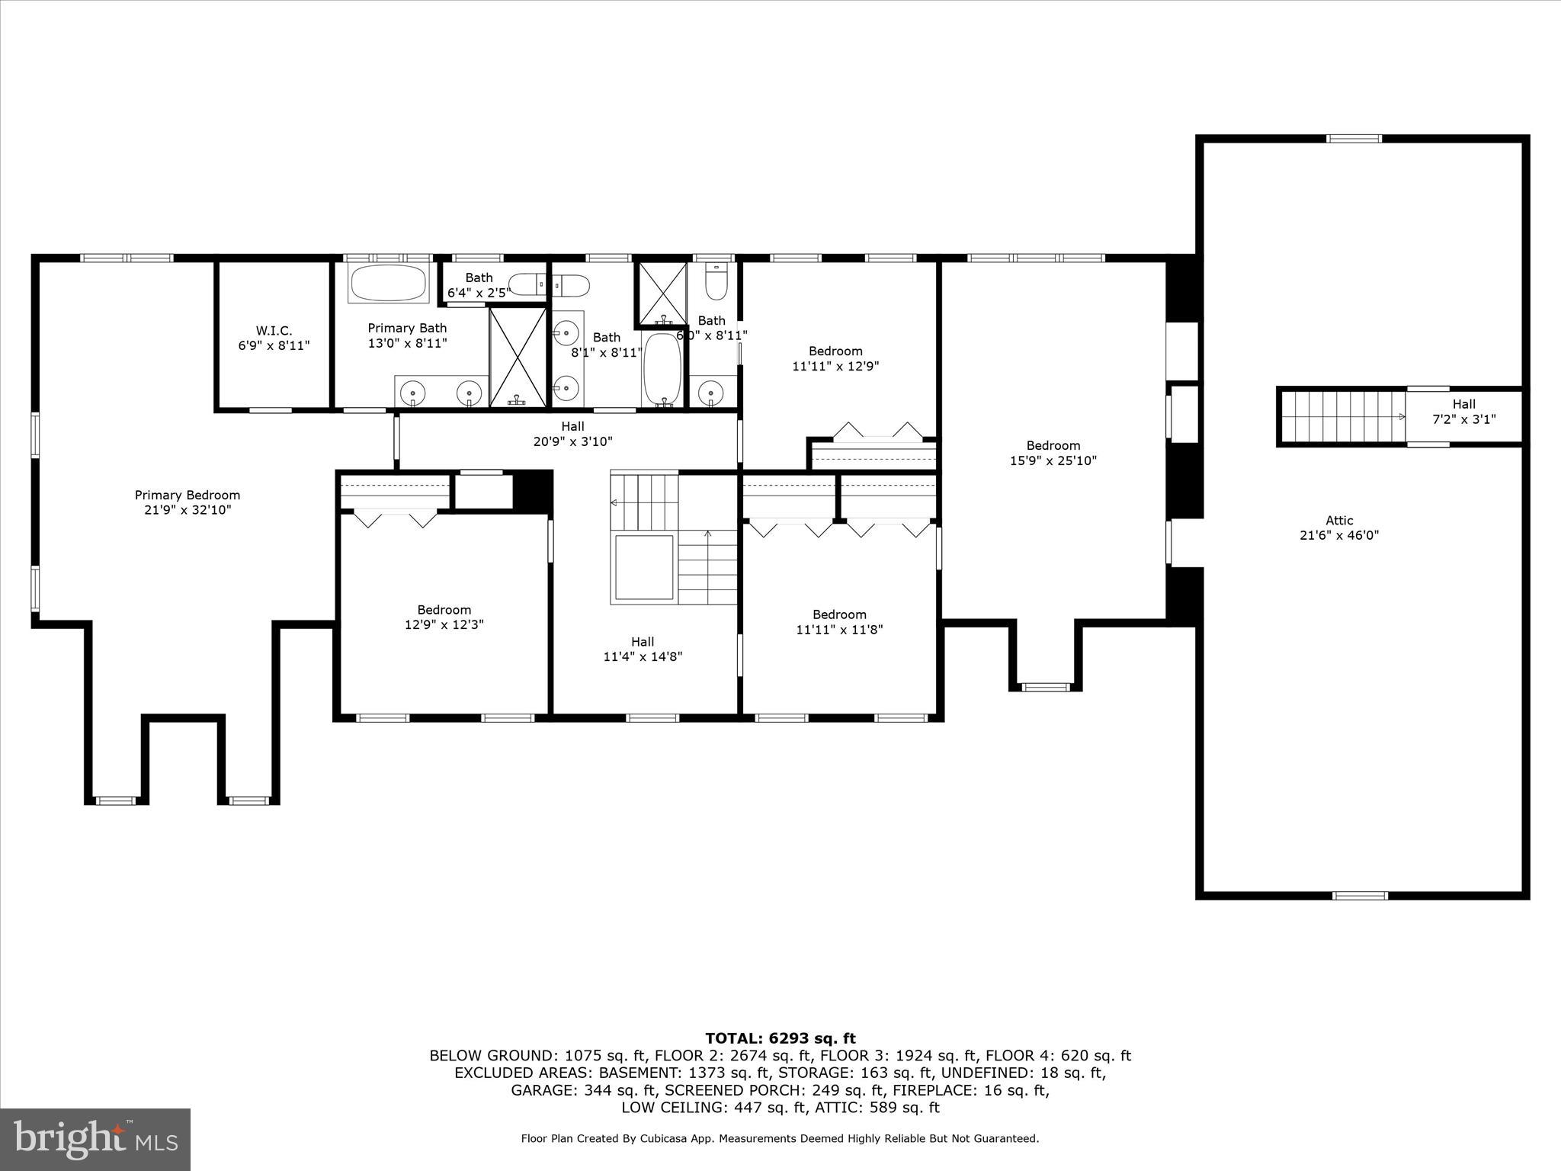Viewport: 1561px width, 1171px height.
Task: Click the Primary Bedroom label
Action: click(x=188, y=502)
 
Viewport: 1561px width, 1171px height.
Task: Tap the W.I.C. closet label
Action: click(x=274, y=338)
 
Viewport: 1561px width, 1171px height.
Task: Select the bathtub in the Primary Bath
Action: click(x=389, y=284)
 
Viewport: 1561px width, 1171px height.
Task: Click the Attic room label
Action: click(x=1339, y=528)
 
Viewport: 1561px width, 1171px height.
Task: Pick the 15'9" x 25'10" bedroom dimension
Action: click(x=1053, y=460)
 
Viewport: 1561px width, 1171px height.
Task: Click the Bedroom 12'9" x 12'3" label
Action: click(x=444, y=617)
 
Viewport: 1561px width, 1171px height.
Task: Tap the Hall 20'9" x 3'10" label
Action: click(x=572, y=434)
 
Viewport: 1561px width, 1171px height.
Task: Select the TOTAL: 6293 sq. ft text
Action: click(x=780, y=1038)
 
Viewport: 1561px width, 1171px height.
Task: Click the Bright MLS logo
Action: click(x=95, y=1139)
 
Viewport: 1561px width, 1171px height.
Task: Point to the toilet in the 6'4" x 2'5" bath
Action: click(x=528, y=285)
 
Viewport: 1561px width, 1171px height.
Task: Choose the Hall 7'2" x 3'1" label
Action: click(x=1463, y=412)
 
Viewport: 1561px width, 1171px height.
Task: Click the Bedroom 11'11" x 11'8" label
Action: click(x=839, y=622)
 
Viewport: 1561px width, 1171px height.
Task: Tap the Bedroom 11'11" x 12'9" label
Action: click(x=835, y=358)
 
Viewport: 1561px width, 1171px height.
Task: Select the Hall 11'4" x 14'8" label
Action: click(x=643, y=649)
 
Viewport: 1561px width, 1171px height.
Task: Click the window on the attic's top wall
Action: click(x=1354, y=139)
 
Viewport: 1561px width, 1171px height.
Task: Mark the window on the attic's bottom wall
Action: click(x=1360, y=896)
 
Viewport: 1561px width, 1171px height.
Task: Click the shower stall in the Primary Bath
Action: click(x=518, y=357)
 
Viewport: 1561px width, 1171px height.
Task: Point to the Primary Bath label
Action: click(x=407, y=335)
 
